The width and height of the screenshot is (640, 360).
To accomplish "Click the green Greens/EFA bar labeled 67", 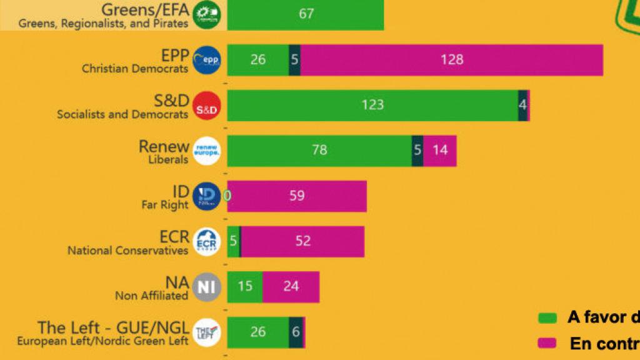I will click(306, 14).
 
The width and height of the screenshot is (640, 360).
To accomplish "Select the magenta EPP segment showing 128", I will click(451, 59).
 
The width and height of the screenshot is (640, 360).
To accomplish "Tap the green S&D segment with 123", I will click(372, 104).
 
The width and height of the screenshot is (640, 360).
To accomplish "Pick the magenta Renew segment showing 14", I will click(440, 150).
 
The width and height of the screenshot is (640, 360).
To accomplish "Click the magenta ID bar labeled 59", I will click(297, 196).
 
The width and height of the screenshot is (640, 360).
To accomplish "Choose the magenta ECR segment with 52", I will click(302, 241).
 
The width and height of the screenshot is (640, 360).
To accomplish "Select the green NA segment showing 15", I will click(245, 286).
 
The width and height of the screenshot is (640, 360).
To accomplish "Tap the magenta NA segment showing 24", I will click(291, 286).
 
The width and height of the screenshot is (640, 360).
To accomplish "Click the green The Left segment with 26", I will click(257, 332).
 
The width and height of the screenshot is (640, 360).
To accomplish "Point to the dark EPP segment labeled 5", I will click(294, 59).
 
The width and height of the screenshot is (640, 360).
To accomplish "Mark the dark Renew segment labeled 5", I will click(417, 150).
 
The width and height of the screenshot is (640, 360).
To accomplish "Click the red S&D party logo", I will click(206, 105).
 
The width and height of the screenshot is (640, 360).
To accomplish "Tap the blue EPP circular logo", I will click(206, 60).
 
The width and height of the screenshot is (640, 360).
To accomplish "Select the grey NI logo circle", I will click(206, 287).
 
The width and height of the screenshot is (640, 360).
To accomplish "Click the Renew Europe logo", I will click(206, 151).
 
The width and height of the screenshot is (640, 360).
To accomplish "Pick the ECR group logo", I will click(206, 241).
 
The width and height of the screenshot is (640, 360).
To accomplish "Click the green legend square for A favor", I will click(547, 317).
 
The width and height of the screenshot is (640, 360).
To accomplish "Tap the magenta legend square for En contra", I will click(547, 343).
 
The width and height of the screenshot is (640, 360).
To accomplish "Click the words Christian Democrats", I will click(135, 69).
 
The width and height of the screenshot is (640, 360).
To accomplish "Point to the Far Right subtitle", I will click(165, 204).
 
